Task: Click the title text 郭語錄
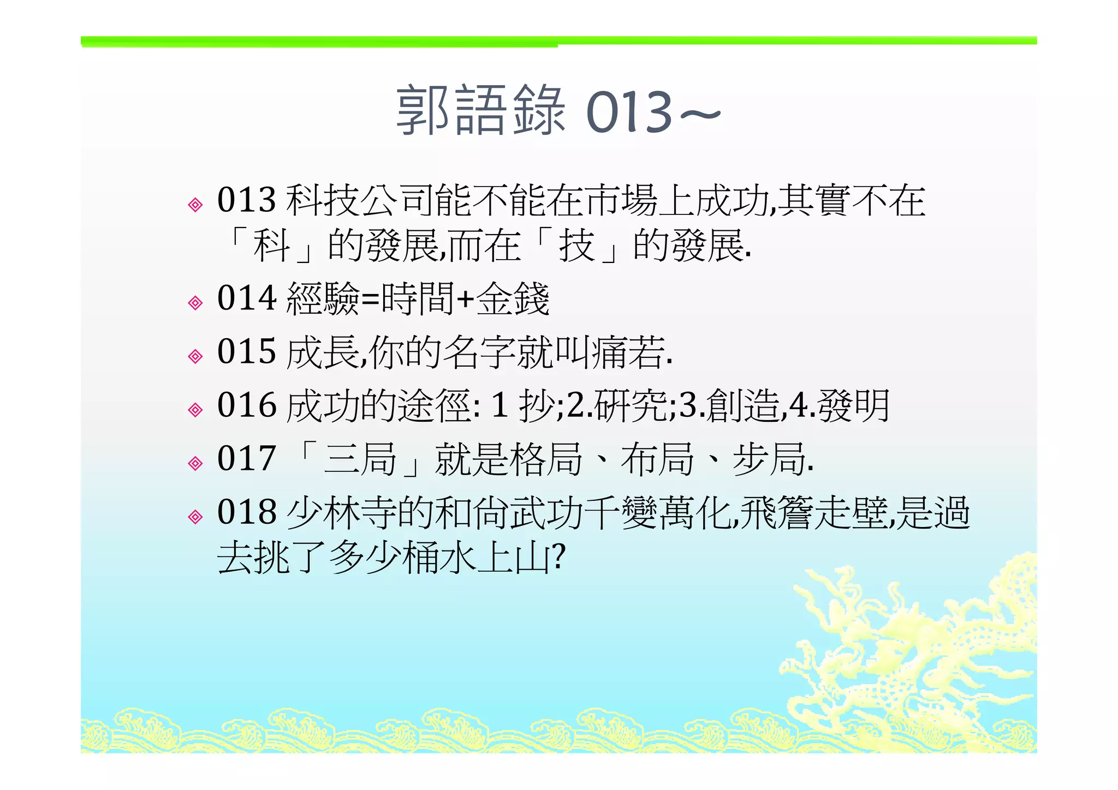pos(480,111)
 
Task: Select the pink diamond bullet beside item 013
pos(195,205)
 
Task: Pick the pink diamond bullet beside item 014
pos(195,303)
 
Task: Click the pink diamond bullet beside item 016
pos(195,410)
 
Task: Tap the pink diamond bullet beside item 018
pos(195,516)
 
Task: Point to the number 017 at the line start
pos(246,458)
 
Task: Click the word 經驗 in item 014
pos(323,299)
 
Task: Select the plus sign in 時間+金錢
pos(465,300)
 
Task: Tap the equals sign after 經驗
pos(370,300)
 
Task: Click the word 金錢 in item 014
pos(513,299)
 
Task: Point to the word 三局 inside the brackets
pos(360,459)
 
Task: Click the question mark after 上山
pos(558,556)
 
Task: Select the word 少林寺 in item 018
pos(341,512)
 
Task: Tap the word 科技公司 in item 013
pos(360,200)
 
